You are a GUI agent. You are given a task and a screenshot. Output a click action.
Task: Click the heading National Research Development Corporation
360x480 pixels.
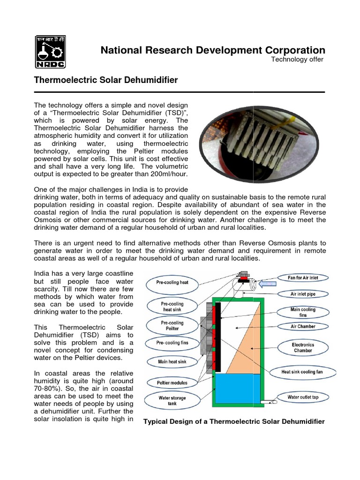[x=212, y=50]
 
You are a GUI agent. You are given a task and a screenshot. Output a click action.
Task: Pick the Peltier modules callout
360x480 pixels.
[x=172, y=383]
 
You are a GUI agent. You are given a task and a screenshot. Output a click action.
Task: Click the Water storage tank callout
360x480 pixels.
[x=172, y=400]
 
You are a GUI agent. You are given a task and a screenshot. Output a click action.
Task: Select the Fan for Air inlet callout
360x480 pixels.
[x=303, y=278]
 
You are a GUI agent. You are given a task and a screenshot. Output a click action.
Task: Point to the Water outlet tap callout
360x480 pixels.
[x=303, y=397]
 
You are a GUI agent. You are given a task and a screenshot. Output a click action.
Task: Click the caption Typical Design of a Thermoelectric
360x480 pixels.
[x=233, y=422]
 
